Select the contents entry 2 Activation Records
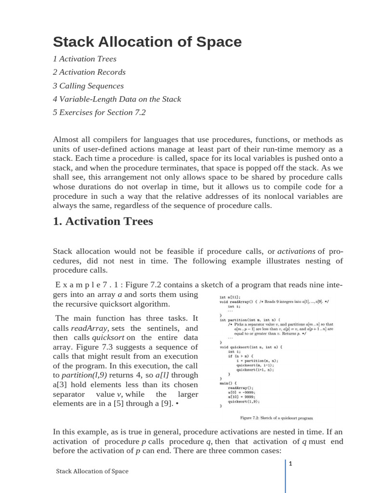pos(89,72)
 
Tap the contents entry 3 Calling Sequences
pos(88,86)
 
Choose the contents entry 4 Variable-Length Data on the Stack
pos(117,99)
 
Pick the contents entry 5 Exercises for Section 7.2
pos(99,112)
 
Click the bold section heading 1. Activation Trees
pos(103,221)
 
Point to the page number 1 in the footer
pos(291,464)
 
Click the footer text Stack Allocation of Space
pos(92,471)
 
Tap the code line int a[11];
pos(231,297)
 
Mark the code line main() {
pos(229,383)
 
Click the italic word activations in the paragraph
pos(296,251)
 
